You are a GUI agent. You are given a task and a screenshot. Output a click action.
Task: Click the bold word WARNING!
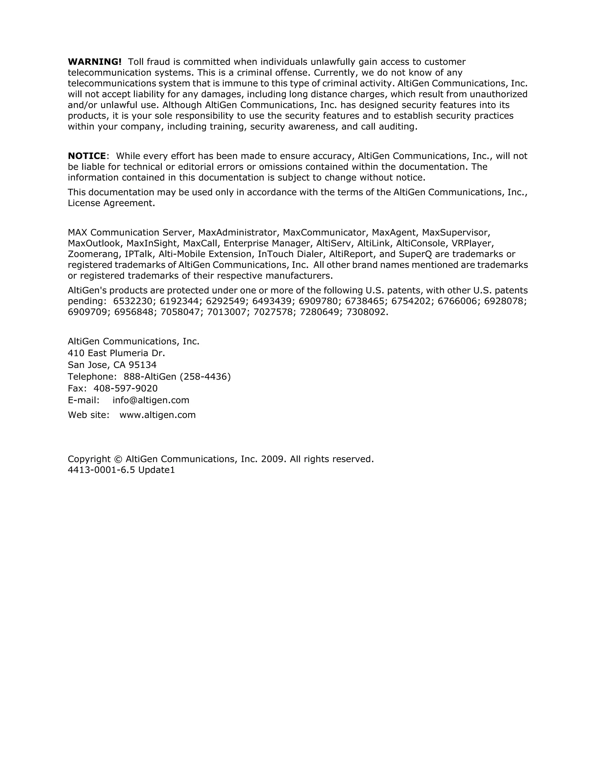click(x=95, y=62)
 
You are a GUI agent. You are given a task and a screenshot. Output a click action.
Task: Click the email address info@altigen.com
click(x=151, y=400)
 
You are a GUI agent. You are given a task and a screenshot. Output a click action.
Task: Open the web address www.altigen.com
click(x=157, y=415)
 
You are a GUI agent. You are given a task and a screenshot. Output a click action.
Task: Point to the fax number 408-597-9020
click(x=125, y=389)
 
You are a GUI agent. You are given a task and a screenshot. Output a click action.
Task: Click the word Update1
click(x=157, y=470)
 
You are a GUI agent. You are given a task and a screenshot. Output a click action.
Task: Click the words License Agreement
click(x=111, y=203)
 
